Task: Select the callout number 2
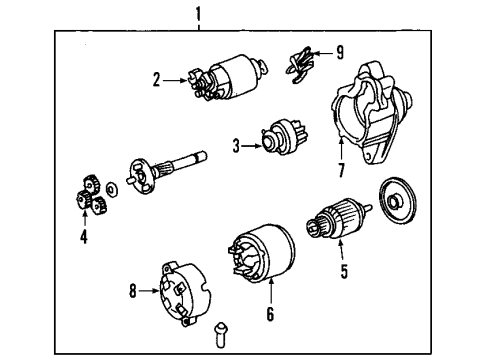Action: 157,79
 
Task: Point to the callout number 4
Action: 84,237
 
